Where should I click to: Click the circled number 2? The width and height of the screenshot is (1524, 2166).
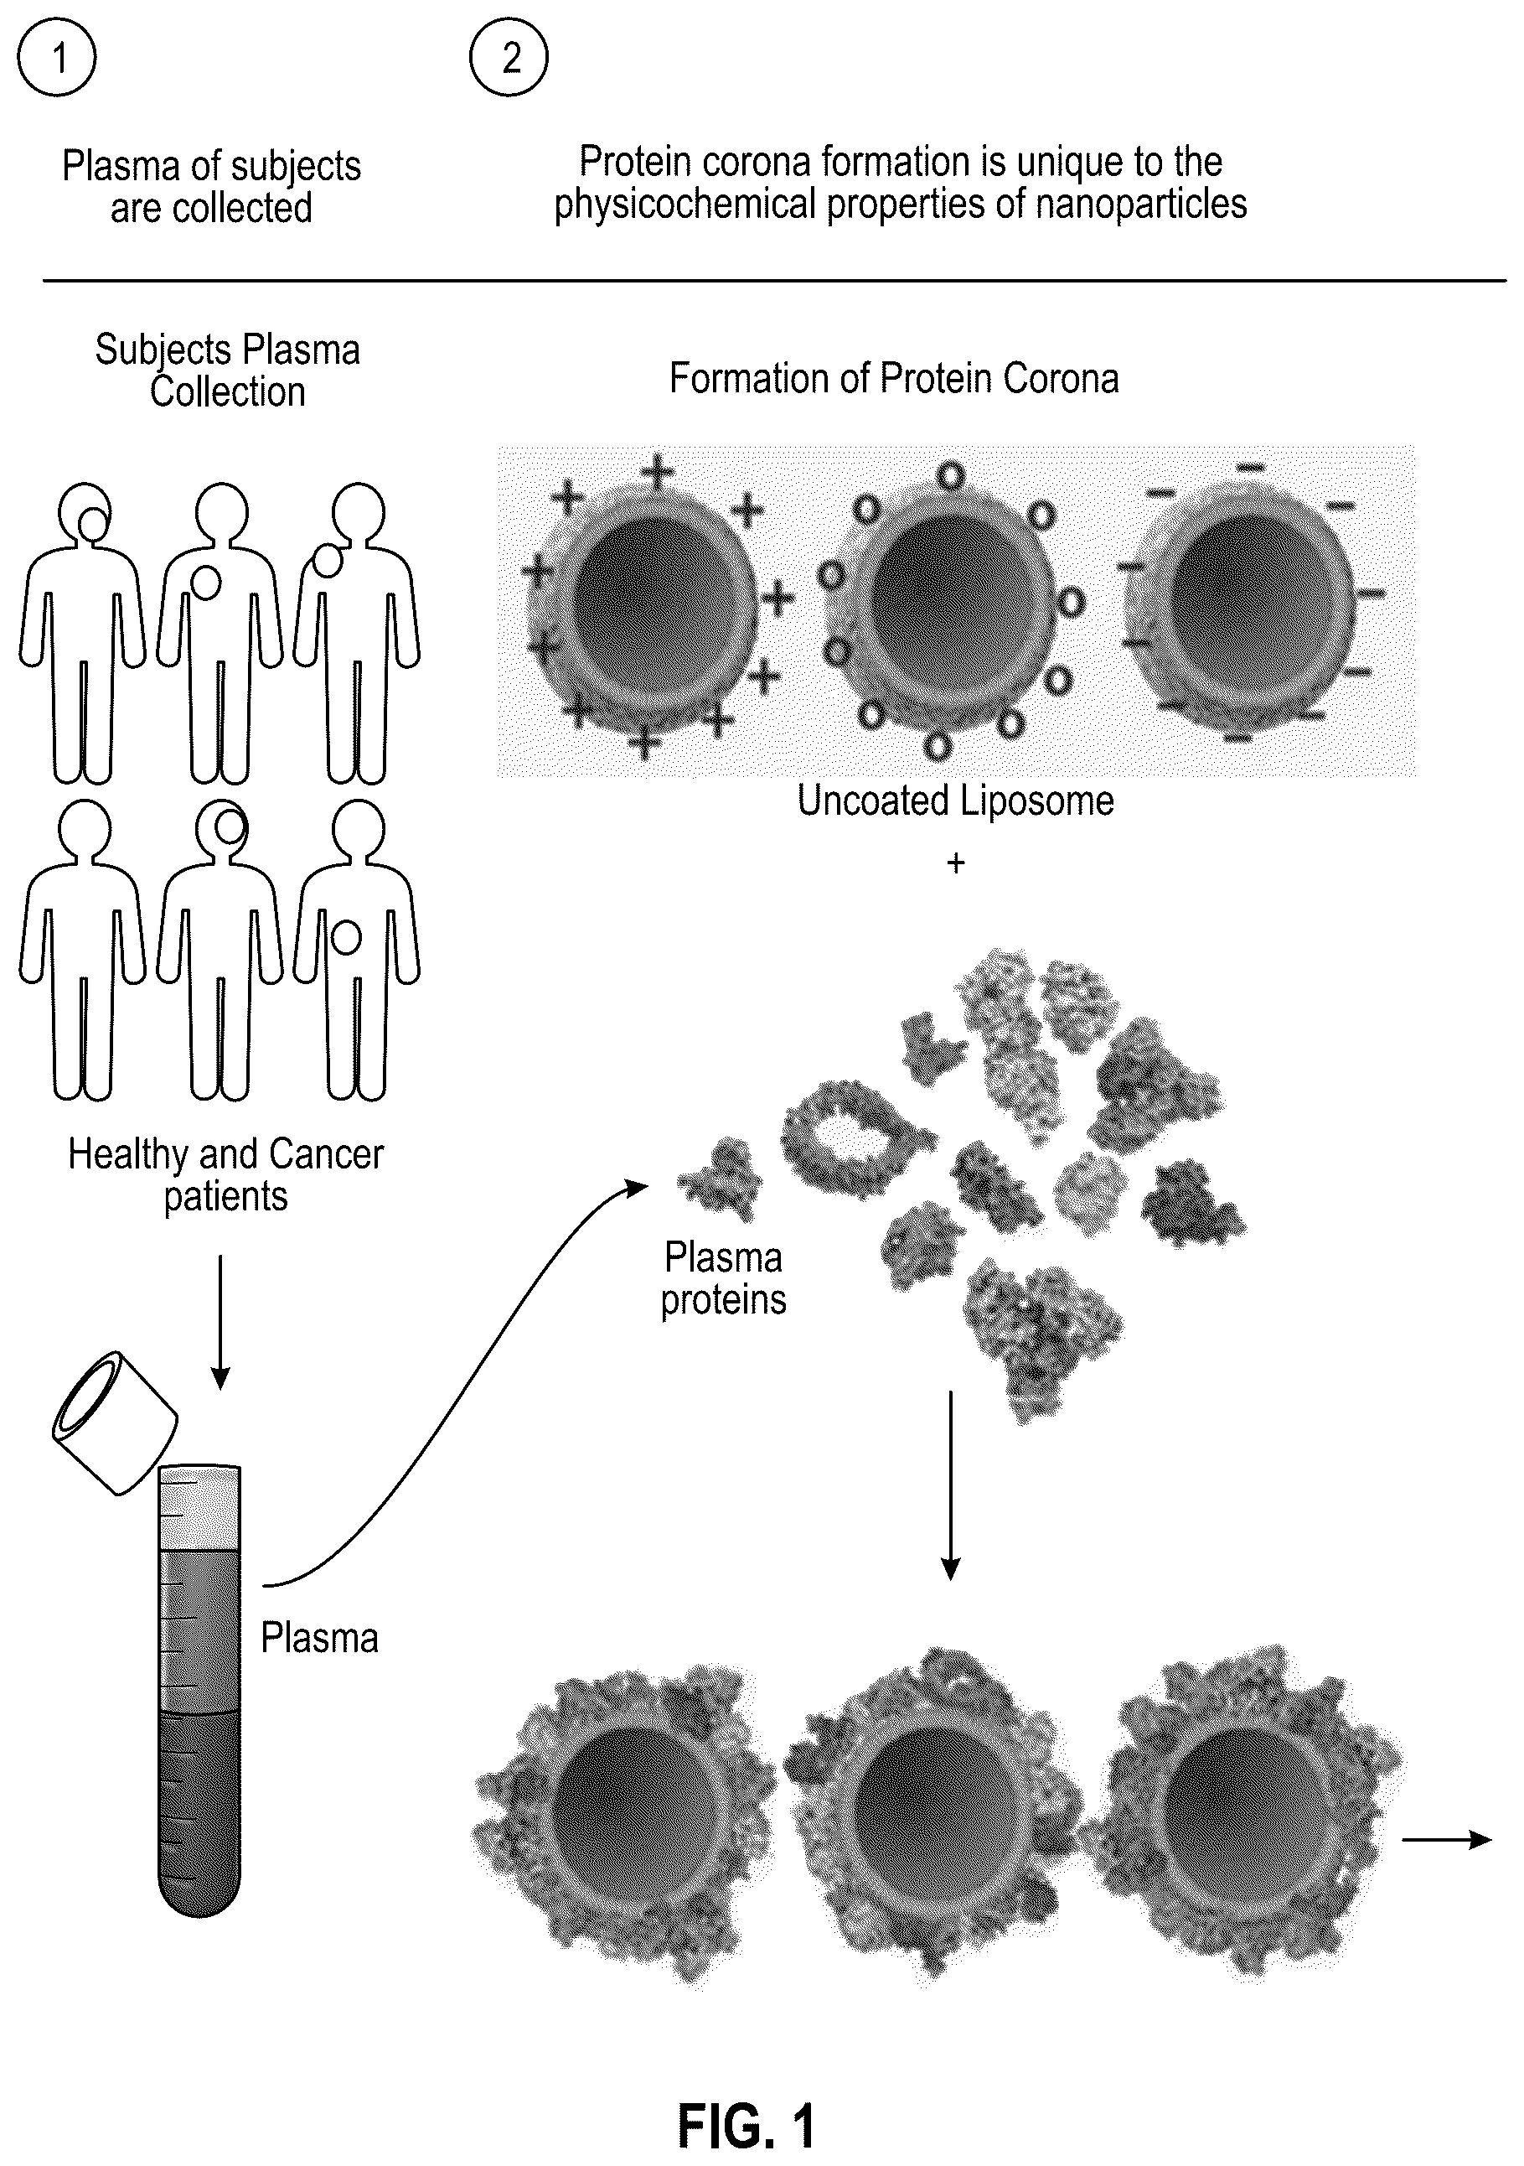click(509, 57)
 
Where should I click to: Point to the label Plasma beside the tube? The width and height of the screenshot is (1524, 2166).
click(318, 1639)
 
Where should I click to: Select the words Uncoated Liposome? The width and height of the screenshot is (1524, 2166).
click(955, 801)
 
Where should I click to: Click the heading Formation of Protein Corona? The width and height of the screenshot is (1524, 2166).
click(894, 378)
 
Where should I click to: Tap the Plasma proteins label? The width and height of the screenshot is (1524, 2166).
click(723, 1279)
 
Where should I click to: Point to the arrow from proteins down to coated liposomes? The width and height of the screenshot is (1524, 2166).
click(951, 1485)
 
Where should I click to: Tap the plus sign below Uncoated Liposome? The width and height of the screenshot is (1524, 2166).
click(956, 863)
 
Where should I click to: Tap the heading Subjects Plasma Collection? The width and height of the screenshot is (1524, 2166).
click(227, 370)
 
